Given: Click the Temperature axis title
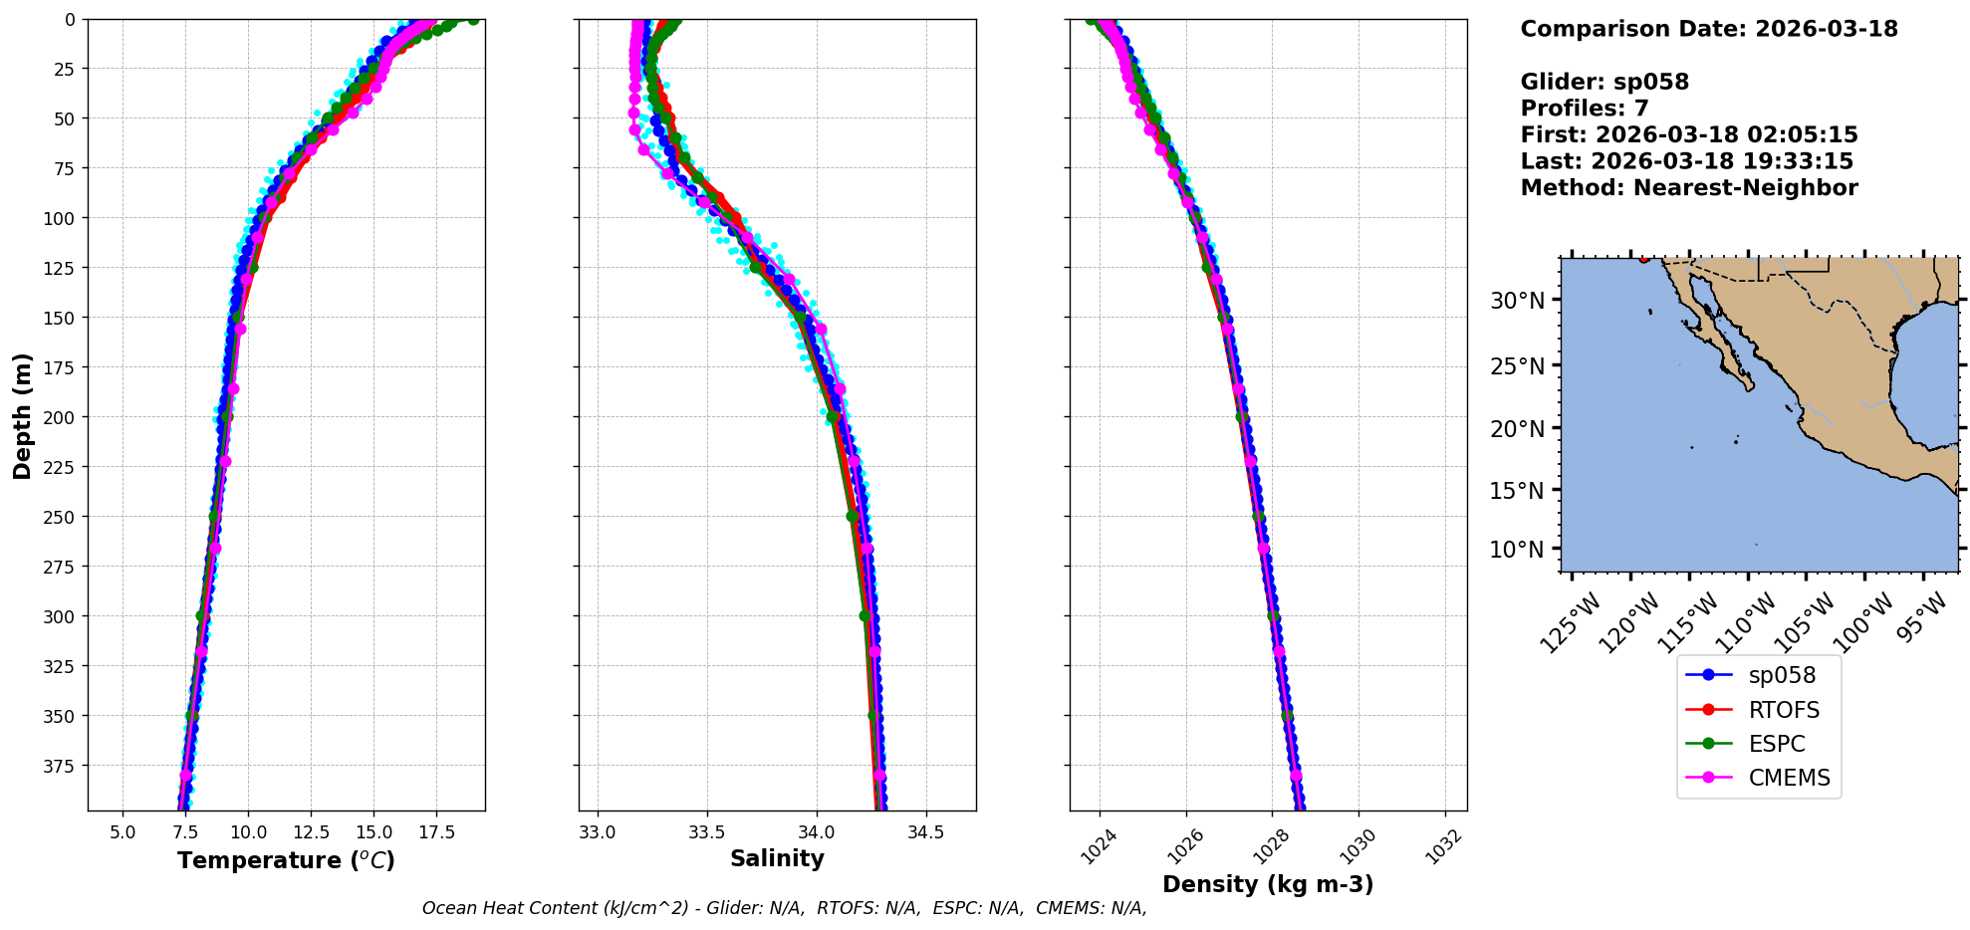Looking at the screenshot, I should click(286, 860).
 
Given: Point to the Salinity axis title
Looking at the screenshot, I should click(777, 858).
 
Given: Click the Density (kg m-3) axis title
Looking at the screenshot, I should click(1268, 884).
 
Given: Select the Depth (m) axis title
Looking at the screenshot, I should click(22, 415).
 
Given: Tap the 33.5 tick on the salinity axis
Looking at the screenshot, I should click(706, 831).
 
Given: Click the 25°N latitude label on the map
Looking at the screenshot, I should click(1517, 366).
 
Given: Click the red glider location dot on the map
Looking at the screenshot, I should click(1643, 259).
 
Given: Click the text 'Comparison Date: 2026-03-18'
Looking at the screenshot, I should click(1709, 29).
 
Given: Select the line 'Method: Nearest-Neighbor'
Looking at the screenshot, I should click(1689, 188).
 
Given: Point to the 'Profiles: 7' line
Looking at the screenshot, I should click(1585, 109).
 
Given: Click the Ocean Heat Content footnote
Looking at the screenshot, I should click(784, 908).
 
